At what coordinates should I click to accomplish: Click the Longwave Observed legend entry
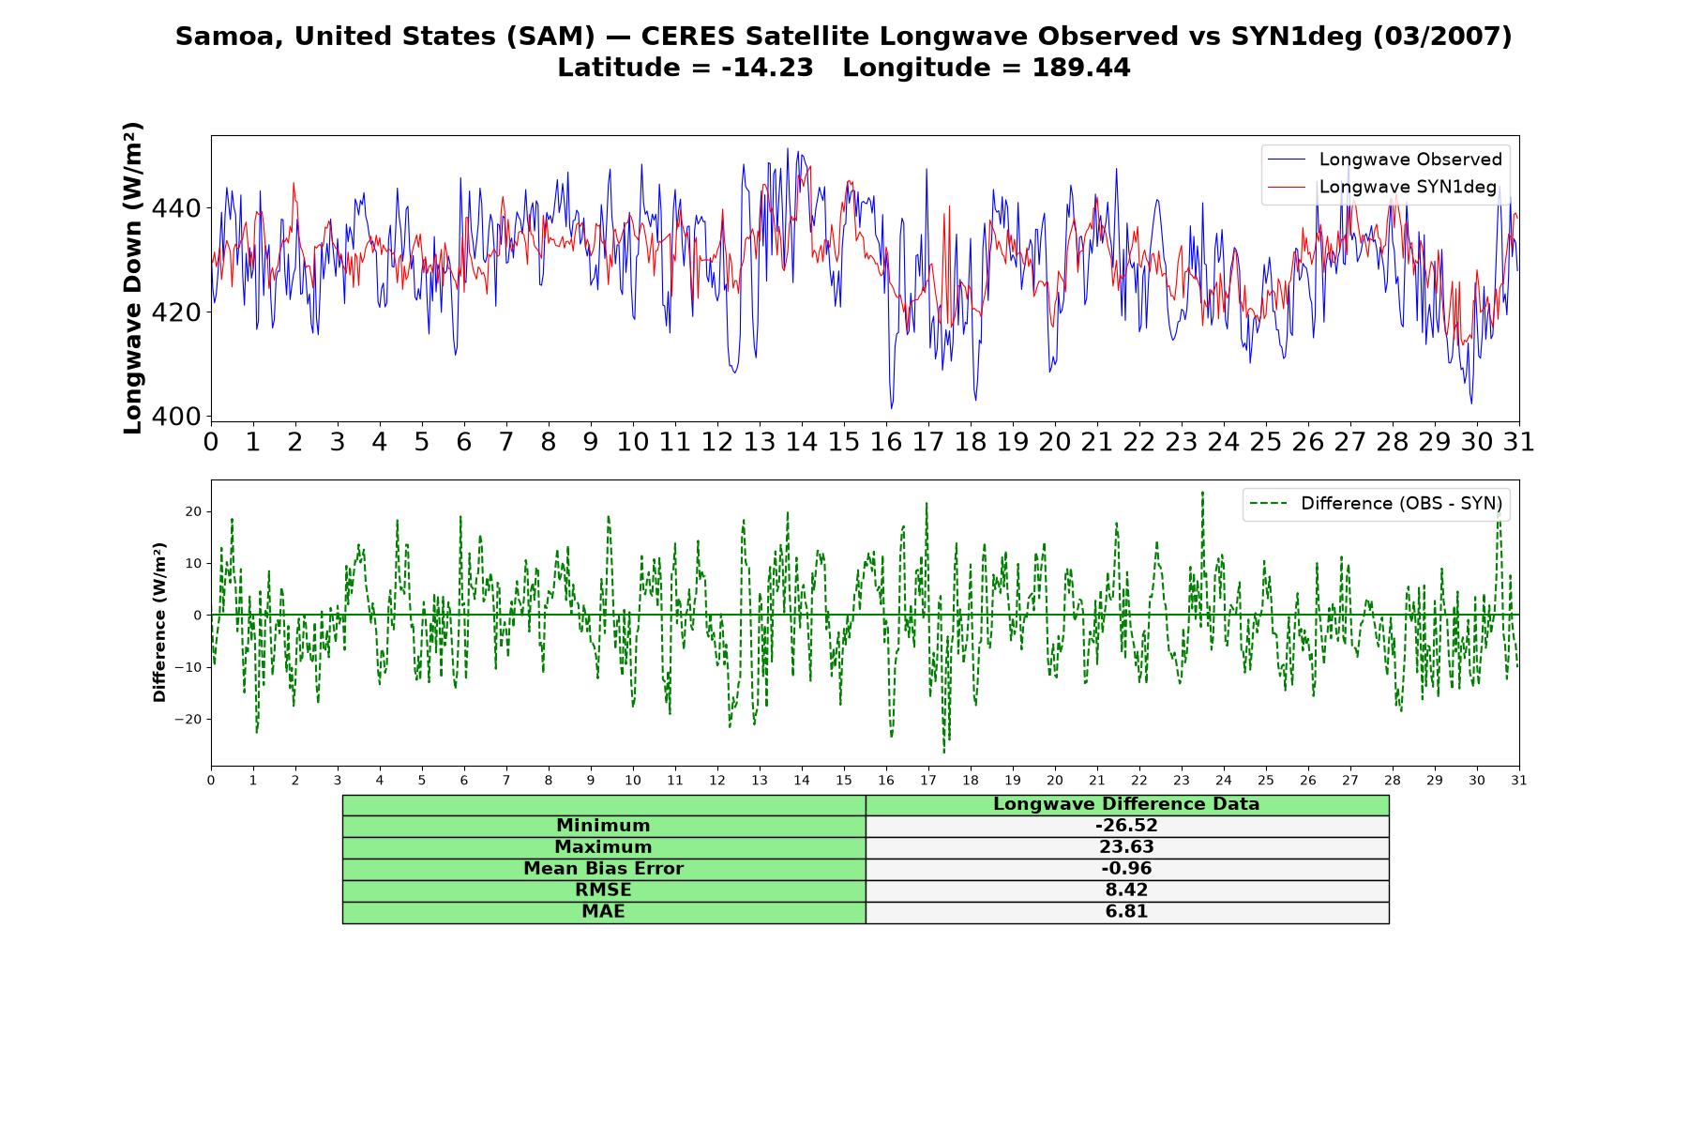point(1384,160)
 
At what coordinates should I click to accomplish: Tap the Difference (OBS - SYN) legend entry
point(1376,504)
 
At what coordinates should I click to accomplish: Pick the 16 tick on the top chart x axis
point(886,442)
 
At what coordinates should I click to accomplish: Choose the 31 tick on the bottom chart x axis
point(1519,781)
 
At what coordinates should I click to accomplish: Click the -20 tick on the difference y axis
point(188,720)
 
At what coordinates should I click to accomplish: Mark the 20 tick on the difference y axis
point(193,511)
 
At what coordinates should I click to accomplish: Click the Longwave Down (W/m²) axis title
point(132,278)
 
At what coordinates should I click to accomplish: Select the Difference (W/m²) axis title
point(159,622)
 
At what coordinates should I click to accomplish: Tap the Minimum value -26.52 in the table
point(1126,826)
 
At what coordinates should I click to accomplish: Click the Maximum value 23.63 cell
point(1126,847)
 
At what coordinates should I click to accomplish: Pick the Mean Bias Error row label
point(603,869)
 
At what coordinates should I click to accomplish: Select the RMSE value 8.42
point(1126,890)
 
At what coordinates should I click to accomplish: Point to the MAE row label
point(603,912)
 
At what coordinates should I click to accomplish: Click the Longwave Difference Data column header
point(1126,804)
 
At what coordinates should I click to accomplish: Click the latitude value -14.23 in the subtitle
point(767,68)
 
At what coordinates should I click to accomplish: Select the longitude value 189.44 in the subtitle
point(1081,68)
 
